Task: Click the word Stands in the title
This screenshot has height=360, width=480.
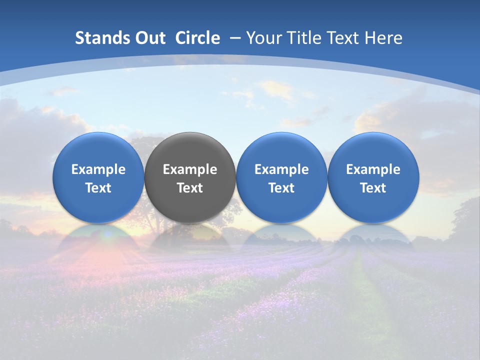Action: click(97, 38)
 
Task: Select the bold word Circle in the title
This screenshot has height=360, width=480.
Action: click(197, 38)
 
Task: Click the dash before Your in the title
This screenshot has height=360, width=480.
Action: click(235, 38)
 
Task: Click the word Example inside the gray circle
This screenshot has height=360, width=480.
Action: click(190, 169)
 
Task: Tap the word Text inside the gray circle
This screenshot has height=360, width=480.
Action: click(190, 188)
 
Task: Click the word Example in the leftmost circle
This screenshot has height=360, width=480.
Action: click(98, 169)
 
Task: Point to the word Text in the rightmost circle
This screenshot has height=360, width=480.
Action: click(373, 188)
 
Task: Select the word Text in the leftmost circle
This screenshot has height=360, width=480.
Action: click(98, 188)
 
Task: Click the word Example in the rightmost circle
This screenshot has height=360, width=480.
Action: click(373, 169)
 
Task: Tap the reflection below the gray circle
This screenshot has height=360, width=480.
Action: click(190, 236)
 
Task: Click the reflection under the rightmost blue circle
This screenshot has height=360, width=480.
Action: click(373, 236)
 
